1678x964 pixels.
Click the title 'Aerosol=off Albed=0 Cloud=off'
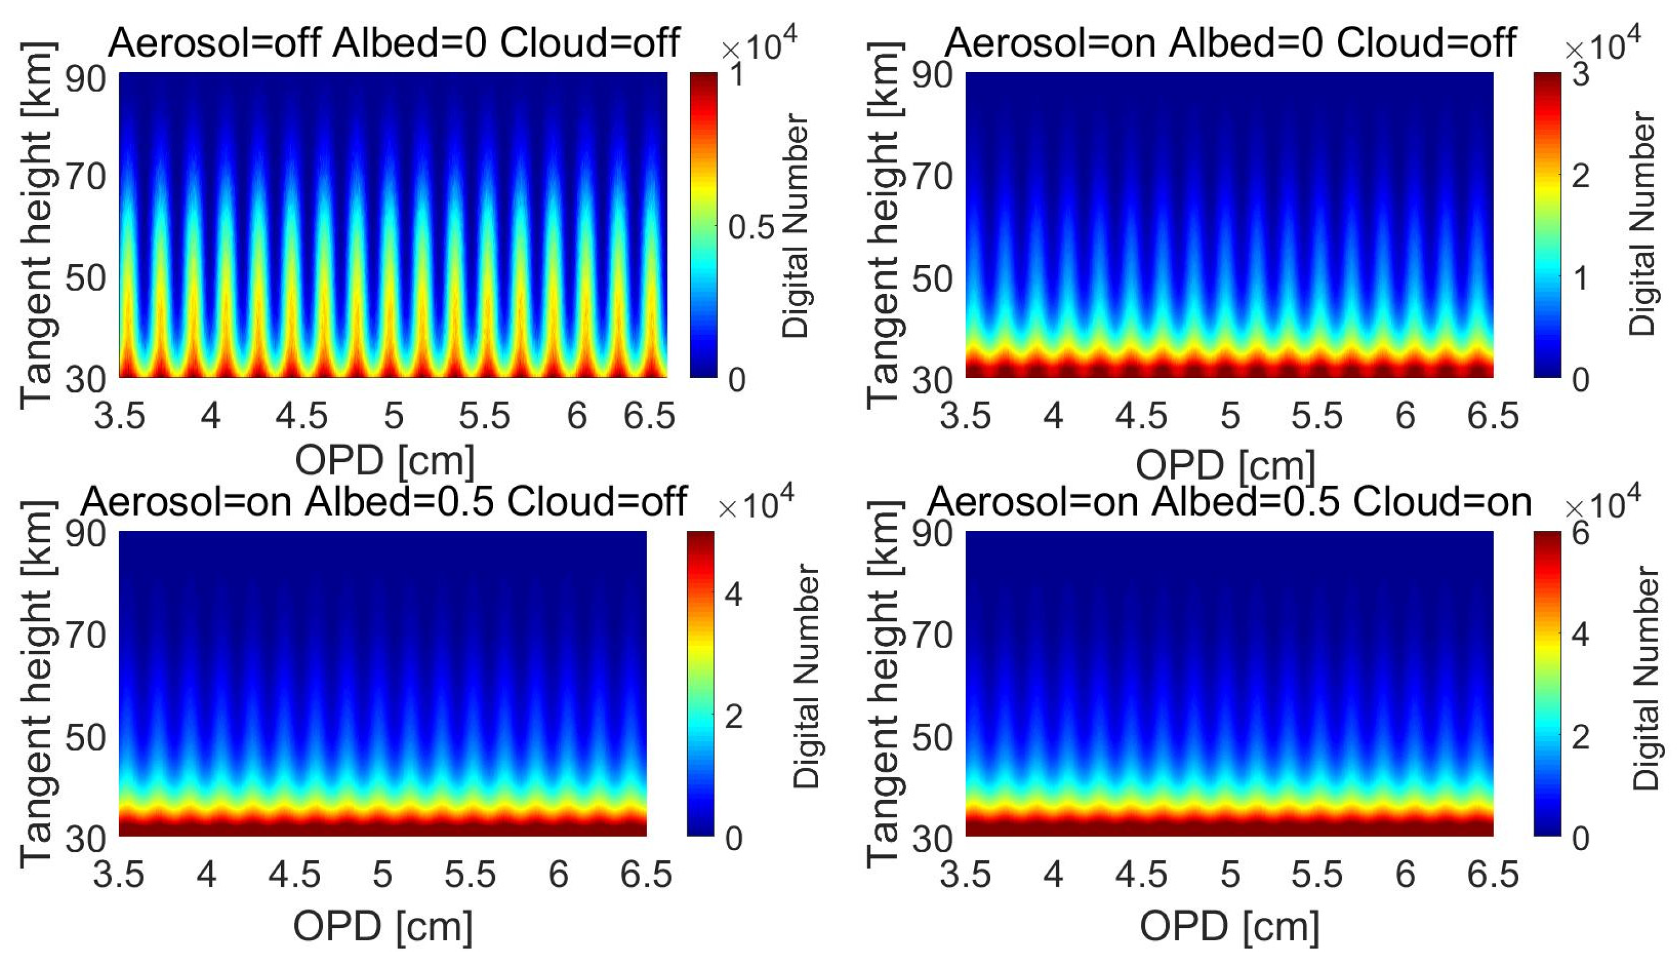pos(393,43)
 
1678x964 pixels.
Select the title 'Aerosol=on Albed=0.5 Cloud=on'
pos(1229,503)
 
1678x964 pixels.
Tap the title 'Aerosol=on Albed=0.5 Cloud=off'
pos(384,503)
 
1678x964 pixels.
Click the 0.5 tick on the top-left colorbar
pos(751,227)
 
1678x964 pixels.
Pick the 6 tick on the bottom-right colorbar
pos(1580,533)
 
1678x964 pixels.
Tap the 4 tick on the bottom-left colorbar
pos(733,594)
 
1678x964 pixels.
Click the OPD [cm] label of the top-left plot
pos(385,461)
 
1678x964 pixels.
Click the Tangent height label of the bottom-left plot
pos(37,683)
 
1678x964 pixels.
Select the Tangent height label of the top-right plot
pos(884,225)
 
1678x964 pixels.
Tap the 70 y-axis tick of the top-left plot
pos(85,177)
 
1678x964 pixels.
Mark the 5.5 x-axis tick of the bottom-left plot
pos(469,875)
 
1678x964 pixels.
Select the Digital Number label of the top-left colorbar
pos(794,225)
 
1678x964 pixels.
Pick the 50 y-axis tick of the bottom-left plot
pos(85,737)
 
